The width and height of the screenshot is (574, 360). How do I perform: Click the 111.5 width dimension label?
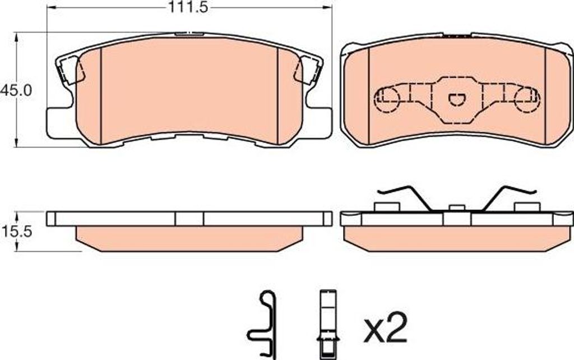point(188,7)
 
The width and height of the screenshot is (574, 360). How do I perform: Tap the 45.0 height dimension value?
point(16,90)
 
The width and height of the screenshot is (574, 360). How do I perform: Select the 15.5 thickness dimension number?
point(17,232)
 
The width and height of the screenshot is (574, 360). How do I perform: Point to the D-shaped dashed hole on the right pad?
point(456,99)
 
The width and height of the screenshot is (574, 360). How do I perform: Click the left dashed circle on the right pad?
point(387,99)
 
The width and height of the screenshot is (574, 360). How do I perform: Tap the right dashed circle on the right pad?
point(527,99)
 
